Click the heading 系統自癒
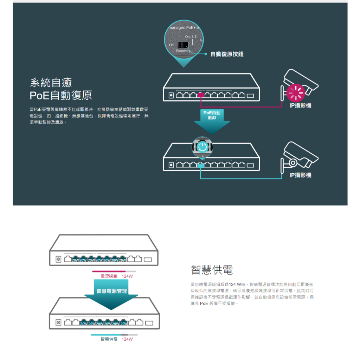pyautogui.click(x=51, y=83)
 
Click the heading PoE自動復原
pyautogui.click(x=61, y=95)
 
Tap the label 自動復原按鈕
pyautogui.click(x=227, y=54)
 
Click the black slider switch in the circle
pyautogui.click(x=183, y=45)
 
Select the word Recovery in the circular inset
pyautogui.click(x=183, y=51)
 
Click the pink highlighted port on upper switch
pyautogui.click(x=201, y=95)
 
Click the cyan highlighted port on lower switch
pyautogui.click(x=201, y=165)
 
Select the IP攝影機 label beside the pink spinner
pyautogui.click(x=300, y=105)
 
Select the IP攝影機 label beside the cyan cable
pyautogui.click(x=300, y=175)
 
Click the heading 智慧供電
pyautogui.click(x=212, y=270)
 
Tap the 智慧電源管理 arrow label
pyautogui.click(x=111, y=291)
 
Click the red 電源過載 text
pyautogui.click(x=109, y=276)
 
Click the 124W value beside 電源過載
pyautogui.click(x=127, y=276)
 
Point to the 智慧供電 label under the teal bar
pyautogui.click(x=109, y=339)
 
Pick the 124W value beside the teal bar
pyautogui.click(x=127, y=339)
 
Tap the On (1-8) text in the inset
pyautogui.click(x=191, y=37)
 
